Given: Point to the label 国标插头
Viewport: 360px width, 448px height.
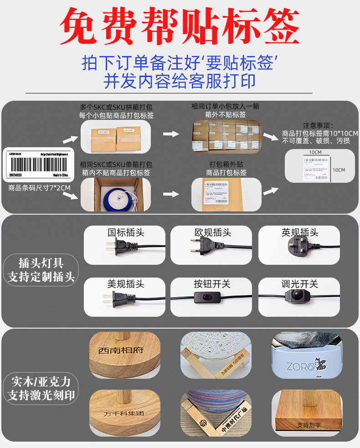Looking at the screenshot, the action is tap(125, 232).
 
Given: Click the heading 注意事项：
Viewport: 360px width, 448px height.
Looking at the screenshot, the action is tap(319, 125).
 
